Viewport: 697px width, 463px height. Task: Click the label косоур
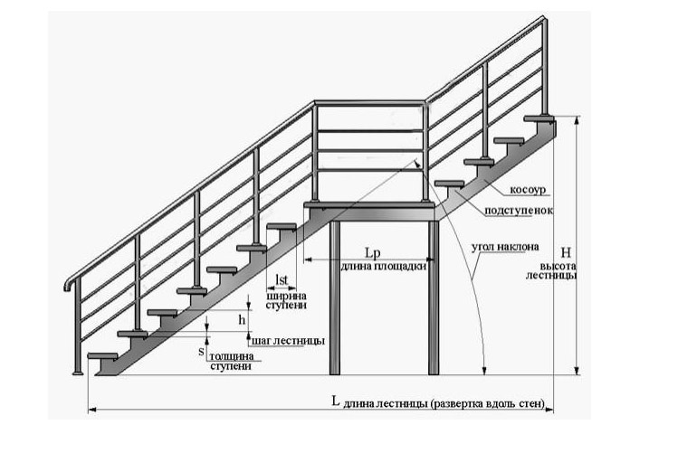(x=527, y=190)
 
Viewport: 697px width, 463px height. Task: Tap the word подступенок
(x=519, y=211)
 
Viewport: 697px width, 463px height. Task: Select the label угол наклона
(x=505, y=247)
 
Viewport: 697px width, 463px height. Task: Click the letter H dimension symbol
(x=566, y=252)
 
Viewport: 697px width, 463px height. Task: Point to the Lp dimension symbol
(x=373, y=253)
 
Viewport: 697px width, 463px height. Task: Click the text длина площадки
(x=384, y=267)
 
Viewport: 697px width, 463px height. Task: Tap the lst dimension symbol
(x=282, y=280)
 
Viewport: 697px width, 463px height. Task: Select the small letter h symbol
(x=242, y=319)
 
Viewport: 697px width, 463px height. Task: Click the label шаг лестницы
(x=288, y=341)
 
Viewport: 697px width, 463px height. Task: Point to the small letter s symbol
(x=201, y=352)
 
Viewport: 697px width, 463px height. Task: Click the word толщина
(x=231, y=356)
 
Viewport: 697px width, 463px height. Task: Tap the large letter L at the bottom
(x=336, y=402)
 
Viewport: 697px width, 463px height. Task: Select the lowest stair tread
(x=102, y=356)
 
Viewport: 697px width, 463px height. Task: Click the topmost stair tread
(x=539, y=118)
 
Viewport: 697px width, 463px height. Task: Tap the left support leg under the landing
(x=335, y=298)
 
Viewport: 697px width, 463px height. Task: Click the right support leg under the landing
(x=434, y=298)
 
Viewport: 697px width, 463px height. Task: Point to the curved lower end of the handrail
(x=70, y=284)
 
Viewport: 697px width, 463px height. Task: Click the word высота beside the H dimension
(x=559, y=267)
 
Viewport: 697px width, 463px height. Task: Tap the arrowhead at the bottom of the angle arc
(x=484, y=370)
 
